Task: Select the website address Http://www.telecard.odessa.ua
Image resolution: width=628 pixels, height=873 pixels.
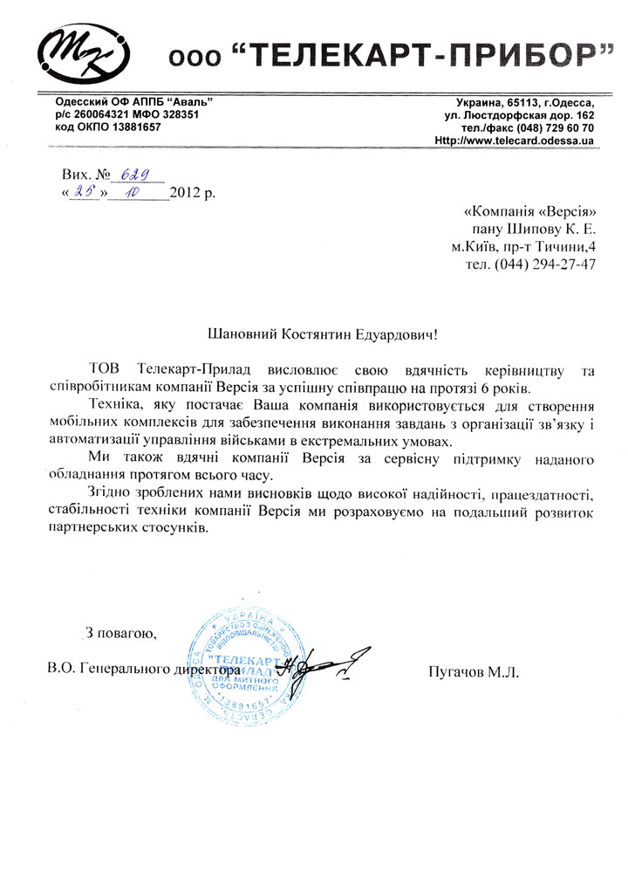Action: [514, 141]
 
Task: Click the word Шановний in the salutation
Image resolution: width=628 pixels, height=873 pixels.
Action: [243, 333]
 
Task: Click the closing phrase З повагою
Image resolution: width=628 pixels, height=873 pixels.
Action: [121, 632]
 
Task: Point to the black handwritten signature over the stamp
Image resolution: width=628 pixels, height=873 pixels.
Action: [323, 665]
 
